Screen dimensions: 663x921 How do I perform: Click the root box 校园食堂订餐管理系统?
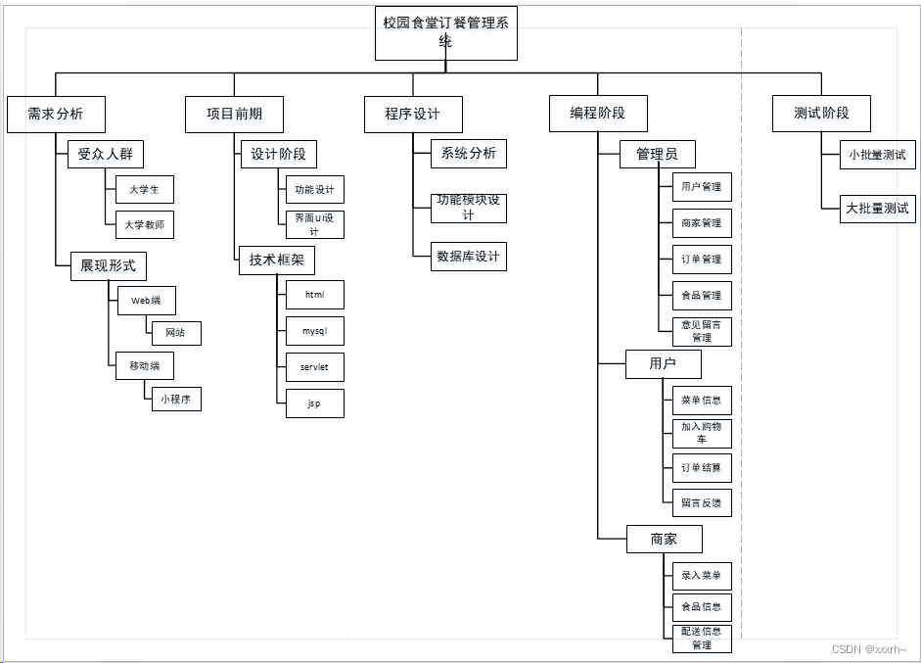[445, 33]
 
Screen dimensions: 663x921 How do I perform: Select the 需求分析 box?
[56, 114]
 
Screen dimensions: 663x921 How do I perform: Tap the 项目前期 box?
[234, 114]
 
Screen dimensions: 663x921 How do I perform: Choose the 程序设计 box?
[412, 114]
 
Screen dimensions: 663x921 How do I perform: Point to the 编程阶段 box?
[597, 114]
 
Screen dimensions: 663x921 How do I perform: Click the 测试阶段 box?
[821, 114]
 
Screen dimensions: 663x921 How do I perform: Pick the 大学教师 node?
[145, 225]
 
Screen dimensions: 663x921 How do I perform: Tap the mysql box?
[315, 331]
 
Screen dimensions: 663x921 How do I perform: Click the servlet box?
[315, 367]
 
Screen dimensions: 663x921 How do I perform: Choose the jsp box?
[315, 403]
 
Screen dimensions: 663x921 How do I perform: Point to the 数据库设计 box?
[469, 257]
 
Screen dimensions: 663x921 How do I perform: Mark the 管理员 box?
[658, 154]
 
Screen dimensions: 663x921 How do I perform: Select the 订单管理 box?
[702, 260]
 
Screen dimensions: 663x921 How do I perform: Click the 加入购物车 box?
[702, 433]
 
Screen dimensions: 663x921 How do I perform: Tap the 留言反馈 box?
[702, 503]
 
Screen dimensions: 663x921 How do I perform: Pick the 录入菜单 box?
[702, 575]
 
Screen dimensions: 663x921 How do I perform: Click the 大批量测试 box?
[877, 208]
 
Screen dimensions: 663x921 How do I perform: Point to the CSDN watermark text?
[868, 648]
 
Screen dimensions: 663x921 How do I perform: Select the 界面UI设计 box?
[315, 224]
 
